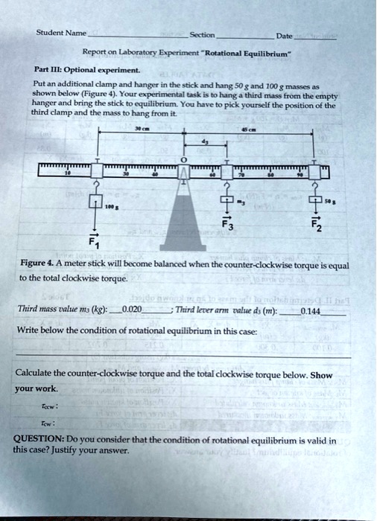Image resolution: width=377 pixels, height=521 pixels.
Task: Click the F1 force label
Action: point(94,240)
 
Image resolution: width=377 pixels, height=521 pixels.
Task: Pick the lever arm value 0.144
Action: point(310,310)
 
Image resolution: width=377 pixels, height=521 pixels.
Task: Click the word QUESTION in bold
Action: point(40,440)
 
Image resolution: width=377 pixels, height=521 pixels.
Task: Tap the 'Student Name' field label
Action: point(63,33)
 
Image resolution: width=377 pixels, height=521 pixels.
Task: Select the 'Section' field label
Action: point(202,34)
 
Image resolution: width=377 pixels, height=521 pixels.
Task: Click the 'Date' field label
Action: point(283,35)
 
